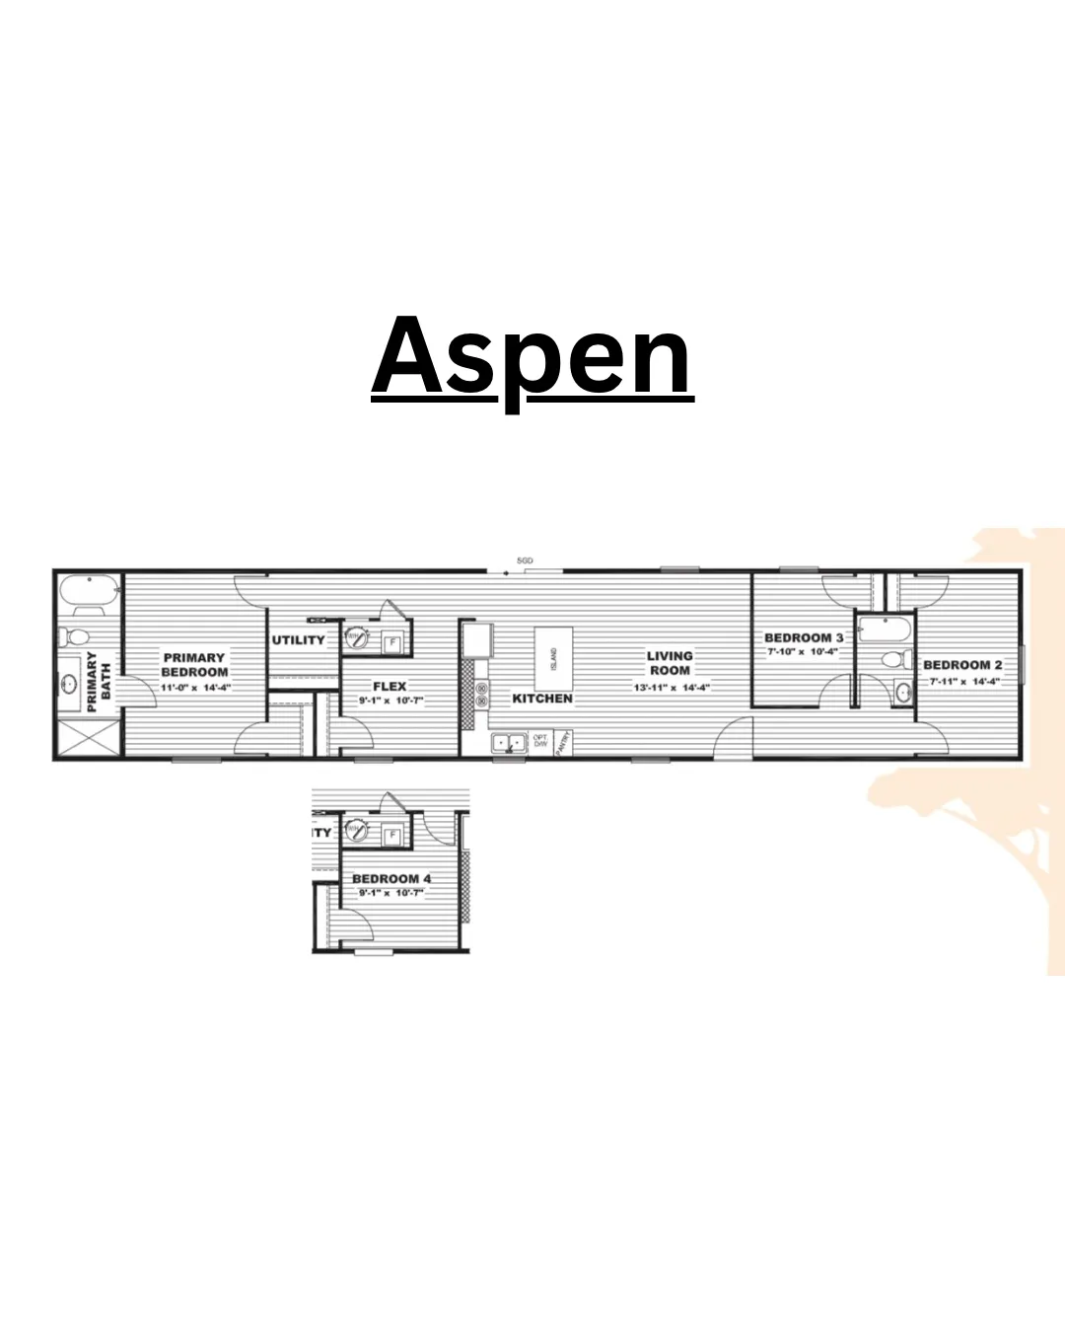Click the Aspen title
[x=532, y=357]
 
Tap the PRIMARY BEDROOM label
[x=194, y=665]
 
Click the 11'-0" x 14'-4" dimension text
[x=195, y=688]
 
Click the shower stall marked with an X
[x=88, y=738]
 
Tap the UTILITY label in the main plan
[x=298, y=640]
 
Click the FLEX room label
[x=390, y=687]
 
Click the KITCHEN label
[x=542, y=699]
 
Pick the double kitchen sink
[x=509, y=742]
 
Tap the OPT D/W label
[x=540, y=740]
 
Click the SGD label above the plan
[x=525, y=560]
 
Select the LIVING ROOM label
[x=670, y=663]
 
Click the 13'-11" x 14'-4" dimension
[x=671, y=688]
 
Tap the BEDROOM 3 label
[x=804, y=637]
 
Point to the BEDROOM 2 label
[x=962, y=665]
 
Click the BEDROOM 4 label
[x=391, y=879]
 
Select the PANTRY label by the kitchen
[x=563, y=742]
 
